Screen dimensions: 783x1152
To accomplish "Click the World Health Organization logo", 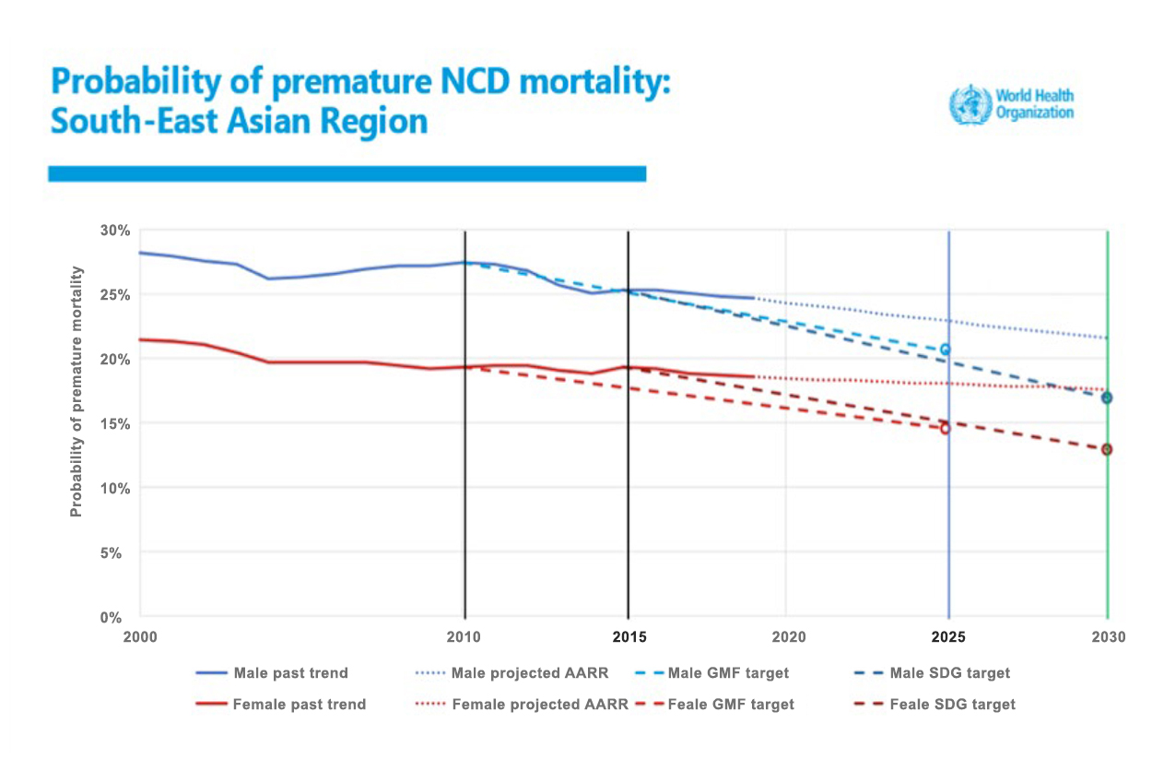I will (1012, 104).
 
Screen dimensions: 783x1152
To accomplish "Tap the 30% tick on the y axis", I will (117, 230).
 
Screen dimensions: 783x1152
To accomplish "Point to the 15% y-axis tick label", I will (117, 423).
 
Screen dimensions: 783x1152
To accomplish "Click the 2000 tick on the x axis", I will (140, 637).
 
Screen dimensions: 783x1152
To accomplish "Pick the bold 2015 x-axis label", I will (629, 637).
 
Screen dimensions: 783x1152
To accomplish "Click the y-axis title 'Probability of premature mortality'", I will (76, 391).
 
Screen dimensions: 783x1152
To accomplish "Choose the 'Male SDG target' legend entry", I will (949, 673).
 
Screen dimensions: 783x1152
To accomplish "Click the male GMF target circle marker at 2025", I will (945, 350).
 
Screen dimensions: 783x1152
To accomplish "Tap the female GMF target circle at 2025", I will (945, 428).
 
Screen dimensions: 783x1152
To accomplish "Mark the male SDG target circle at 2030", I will (1106, 397).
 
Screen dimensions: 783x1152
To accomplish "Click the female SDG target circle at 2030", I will (1106, 449).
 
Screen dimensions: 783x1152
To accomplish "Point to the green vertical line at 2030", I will (1107, 535).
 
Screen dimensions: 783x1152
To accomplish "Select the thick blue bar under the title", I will (347, 173).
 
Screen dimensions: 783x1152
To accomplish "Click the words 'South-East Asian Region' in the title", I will (240, 121).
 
